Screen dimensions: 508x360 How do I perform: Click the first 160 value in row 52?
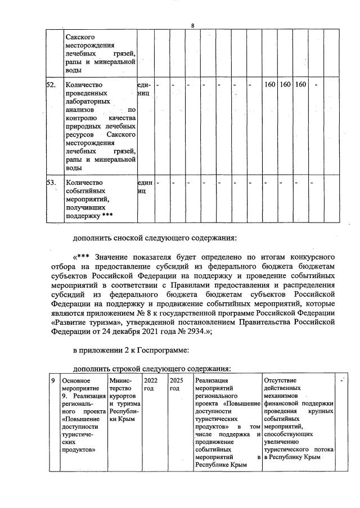pyautogui.click(x=269, y=85)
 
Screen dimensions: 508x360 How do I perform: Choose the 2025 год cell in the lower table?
pyautogui.click(x=175, y=384)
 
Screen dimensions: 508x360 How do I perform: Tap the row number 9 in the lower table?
pyautogui.click(x=52, y=380)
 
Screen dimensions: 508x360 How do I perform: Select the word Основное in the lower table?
pyautogui.click(x=76, y=380)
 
